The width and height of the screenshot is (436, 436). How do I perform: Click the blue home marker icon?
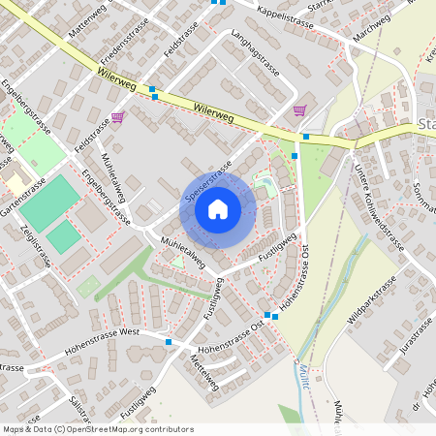point(218,209)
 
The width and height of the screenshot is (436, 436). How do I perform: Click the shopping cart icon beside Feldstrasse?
point(117,117)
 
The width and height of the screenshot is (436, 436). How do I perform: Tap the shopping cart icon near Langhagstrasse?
point(300,110)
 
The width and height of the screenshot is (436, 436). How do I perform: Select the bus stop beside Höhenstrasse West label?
point(169,342)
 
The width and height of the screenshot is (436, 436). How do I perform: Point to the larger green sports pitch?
point(50,202)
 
